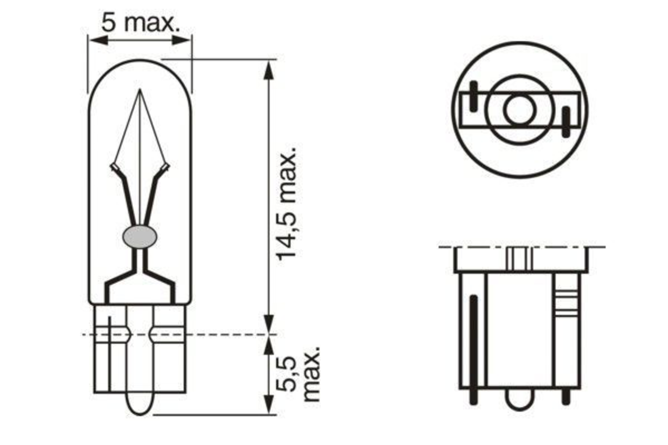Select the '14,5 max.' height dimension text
coord(286,202)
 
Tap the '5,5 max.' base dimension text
coord(301,374)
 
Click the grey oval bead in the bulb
coord(139,236)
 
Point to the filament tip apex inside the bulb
coord(139,90)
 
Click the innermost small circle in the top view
coord(520,109)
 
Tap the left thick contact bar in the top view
coord(473,96)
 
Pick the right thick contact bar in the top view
coord(566,121)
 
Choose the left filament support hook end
coord(114,167)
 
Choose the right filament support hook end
coord(165,167)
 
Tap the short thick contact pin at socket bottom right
coord(566,396)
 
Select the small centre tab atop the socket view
coord(519,258)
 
